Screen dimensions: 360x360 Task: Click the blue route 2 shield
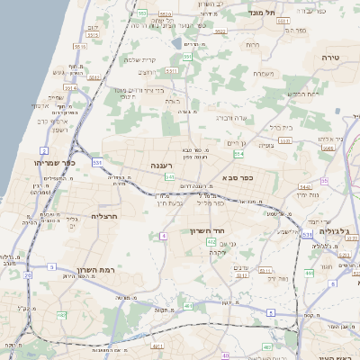[44, 150]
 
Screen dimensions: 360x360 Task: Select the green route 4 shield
[164, 236]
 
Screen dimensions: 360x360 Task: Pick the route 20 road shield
[28, 275]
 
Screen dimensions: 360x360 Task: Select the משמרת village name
[263, 74]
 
